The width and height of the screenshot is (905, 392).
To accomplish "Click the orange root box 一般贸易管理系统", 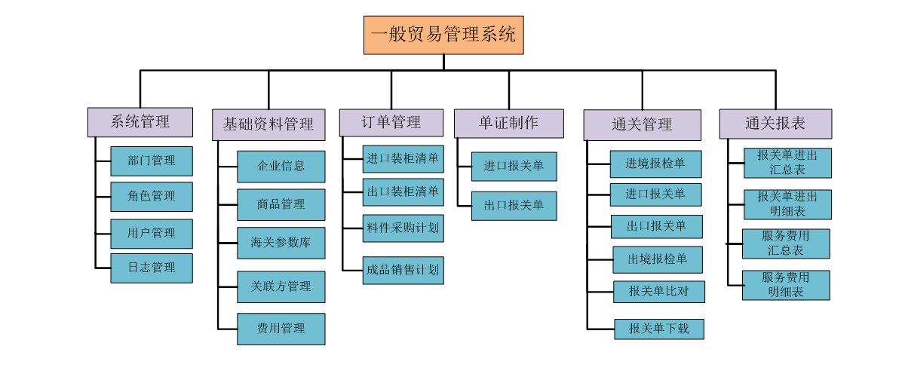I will click(443, 35).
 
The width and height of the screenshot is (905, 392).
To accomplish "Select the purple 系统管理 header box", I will click(140, 122).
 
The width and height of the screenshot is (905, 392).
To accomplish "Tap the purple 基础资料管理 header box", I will click(268, 124).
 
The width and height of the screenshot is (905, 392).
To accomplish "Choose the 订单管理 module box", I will click(391, 122).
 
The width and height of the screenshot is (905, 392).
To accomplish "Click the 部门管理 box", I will click(152, 161).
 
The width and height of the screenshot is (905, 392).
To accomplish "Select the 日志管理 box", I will click(152, 268).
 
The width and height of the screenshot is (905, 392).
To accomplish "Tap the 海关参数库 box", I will click(281, 243).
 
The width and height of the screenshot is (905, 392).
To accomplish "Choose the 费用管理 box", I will click(281, 329).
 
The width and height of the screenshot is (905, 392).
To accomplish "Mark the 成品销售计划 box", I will click(403, 271).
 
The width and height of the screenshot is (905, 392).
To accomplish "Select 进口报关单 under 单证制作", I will click(514, 167).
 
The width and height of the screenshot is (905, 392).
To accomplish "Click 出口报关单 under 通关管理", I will click(657, 226).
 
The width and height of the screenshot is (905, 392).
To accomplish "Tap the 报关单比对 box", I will click(658, 292).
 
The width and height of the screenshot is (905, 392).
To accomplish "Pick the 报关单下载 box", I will click(659, 329).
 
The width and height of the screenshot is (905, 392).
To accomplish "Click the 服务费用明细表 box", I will click(786, 285).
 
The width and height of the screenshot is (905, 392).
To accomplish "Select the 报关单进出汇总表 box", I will click(787, 163).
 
